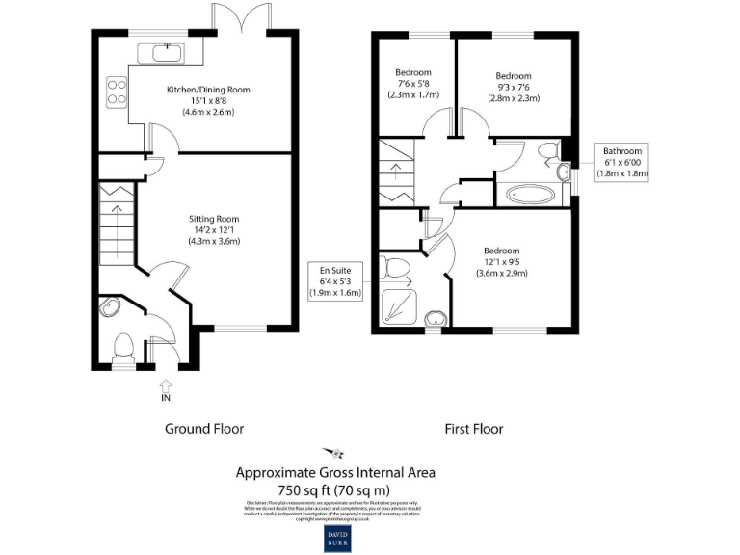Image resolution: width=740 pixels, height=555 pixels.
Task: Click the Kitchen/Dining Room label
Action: pos(208,100)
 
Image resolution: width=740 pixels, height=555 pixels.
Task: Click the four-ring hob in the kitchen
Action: pos(117,91)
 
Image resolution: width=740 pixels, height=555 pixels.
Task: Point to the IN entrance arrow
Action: pos(165,388)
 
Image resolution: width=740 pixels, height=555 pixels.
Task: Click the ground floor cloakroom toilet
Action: pos(122,346)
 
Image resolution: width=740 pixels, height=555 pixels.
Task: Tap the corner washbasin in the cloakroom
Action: pos(109,307)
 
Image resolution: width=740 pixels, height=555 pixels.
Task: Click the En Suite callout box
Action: pos(335,280)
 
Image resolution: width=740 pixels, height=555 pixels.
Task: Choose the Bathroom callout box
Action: pos(621,162)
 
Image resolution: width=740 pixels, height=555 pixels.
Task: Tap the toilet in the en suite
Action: pos(396,265)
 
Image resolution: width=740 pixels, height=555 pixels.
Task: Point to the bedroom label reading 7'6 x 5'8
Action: pos(413,84)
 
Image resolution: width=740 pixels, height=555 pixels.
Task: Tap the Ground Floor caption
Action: pos(204,429)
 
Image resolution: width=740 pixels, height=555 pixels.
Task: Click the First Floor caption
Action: pos(473,429)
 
